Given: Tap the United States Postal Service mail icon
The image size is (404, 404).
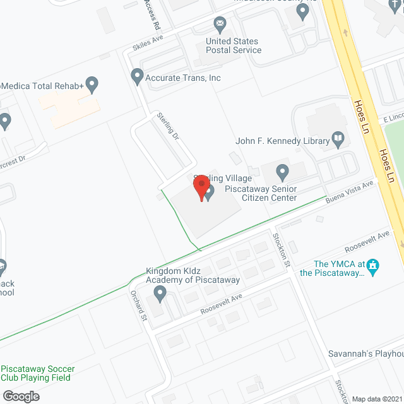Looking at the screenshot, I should (x=220, y=26).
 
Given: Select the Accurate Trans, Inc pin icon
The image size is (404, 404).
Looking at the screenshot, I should (x=137, y=77).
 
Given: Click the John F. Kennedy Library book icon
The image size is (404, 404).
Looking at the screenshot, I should (x=338, y=140).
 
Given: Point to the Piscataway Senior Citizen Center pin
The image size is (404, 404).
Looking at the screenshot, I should (x=283, y=170).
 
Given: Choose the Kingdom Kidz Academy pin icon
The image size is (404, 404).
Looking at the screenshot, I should (x=160, y=292).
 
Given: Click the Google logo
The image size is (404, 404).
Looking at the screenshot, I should (x=20, y=396).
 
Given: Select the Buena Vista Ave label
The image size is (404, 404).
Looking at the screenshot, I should (x=350, y=191).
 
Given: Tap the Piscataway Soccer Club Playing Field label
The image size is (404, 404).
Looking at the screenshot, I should (x=38, y=373).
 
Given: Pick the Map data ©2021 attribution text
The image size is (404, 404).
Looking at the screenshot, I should (x=376, y=399).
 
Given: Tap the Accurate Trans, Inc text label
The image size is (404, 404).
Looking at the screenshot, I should (x=184, y=78).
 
